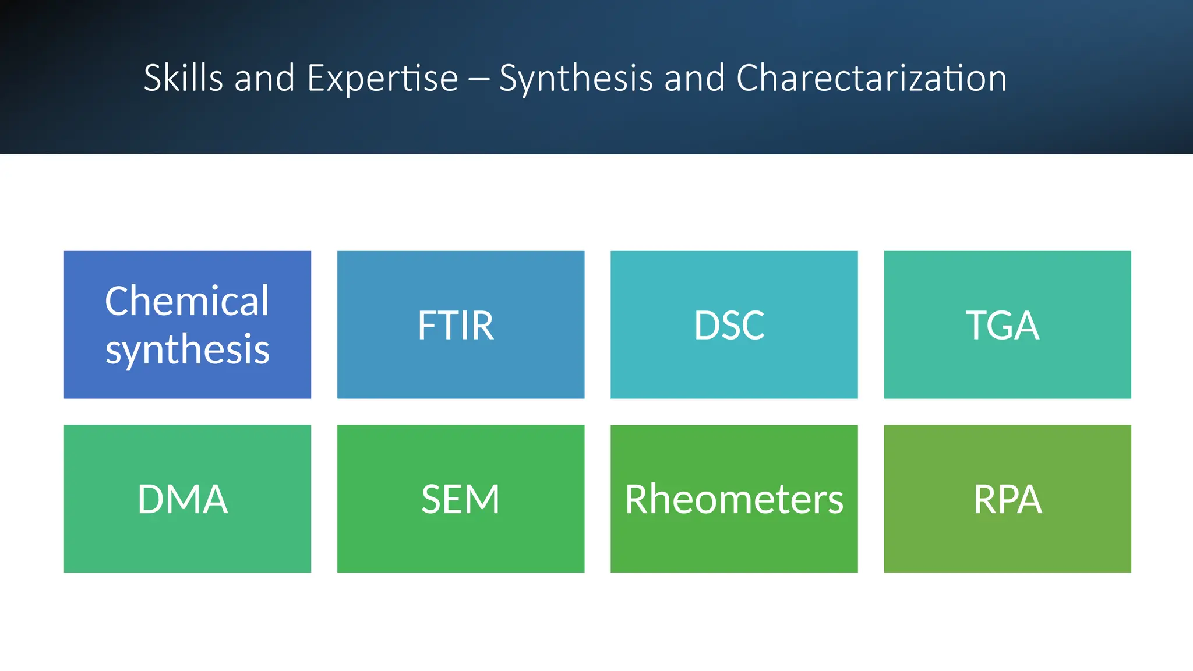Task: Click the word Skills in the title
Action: point(183,78)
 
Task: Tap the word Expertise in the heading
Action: point(382,79)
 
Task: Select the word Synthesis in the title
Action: point(576,79)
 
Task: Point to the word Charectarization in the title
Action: point(871,78)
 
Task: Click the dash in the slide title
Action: point(478,79)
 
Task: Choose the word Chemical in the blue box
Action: point(187,301)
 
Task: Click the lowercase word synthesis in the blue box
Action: point(187,350)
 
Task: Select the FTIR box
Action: point(460,324)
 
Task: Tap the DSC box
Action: point(734,324)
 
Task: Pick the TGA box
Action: point(1007,324)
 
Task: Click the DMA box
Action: point(187,499)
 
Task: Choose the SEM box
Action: point(460,499)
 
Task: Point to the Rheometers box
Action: point(734,499)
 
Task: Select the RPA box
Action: point(1007,499)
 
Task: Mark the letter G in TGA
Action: point(1002,325)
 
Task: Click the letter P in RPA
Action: point(1007,499)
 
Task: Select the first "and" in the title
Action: point(264,78)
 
